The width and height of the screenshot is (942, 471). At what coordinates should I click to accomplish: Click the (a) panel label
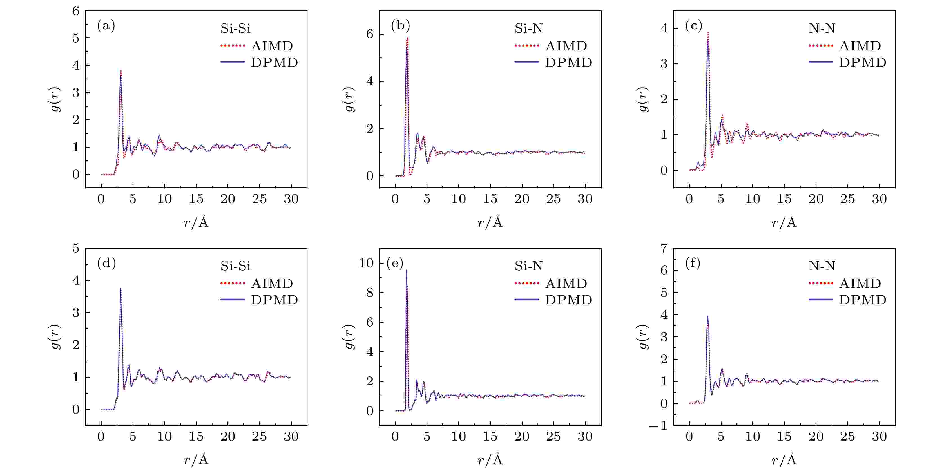click(106, 26)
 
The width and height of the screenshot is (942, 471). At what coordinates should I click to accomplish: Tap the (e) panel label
click(395, 263)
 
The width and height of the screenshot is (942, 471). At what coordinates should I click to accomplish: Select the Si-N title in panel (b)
click(528, 28)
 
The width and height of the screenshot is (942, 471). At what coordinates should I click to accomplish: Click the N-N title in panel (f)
click(822, 266)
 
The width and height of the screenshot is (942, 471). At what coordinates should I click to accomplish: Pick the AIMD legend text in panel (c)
click(860, 46)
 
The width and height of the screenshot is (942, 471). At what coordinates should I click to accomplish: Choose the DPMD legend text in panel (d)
click(274, 300)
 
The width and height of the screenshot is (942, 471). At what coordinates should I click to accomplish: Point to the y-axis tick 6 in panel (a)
click(76, 11)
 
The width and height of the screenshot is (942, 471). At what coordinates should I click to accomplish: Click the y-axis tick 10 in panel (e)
click(366, 263)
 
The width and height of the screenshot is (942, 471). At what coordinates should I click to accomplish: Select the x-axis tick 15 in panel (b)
click(490, 199)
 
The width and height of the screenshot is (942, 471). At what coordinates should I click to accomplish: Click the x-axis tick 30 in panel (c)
click(879, 199)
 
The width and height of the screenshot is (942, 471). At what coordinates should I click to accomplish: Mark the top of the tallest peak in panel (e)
click(406, 270)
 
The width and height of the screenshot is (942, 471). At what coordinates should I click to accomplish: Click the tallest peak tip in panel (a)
click(121, 71)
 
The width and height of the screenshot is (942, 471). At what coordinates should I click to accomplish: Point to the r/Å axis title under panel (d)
click(196, 459)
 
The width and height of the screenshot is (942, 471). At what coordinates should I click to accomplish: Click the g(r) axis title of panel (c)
click(644, 99)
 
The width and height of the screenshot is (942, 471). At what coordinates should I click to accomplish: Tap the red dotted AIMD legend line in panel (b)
click(526, 46)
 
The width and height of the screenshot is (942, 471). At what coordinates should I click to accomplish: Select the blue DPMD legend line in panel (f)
click(821, 300)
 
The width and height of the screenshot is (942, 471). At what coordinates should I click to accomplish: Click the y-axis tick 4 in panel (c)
click(664, 28)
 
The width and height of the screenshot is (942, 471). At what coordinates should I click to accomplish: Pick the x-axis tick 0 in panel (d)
click(101, 436)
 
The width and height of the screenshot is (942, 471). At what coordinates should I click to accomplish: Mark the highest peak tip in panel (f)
click(707, 316)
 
